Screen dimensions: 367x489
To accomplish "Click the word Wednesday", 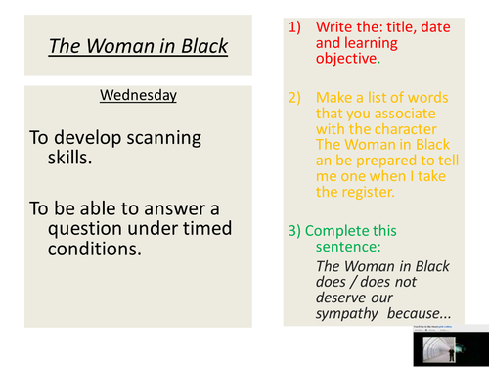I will pyautogui.click(x=138, y=96).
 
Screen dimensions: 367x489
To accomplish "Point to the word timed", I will pyautogui.click(x=206, y=228).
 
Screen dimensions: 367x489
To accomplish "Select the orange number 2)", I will pyautogui.click(x=296, y=99).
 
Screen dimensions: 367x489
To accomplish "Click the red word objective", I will pyautogui.click(x=347, y=58).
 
